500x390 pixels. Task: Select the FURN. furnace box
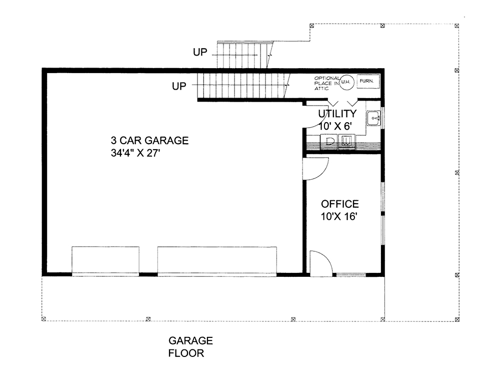(369, 81)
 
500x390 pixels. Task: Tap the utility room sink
(373, 119)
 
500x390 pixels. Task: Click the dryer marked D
(330, 141)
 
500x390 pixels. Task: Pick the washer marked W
(346, 141)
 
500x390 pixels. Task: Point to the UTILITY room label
(337, 114)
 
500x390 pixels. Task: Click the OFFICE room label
(340, 204)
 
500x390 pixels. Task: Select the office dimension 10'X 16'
(340, 217)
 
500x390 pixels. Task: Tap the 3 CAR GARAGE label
(150, 141)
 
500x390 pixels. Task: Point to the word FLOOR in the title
(186, 353)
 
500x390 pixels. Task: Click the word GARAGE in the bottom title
(190, 341)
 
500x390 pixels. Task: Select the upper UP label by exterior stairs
(200, 52)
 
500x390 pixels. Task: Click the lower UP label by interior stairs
(179, 86)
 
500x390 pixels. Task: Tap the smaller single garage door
(105, 260)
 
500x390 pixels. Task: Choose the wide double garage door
(217, 260)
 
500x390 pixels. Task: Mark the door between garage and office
(316, 168)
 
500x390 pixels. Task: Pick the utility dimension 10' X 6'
(337, 126)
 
